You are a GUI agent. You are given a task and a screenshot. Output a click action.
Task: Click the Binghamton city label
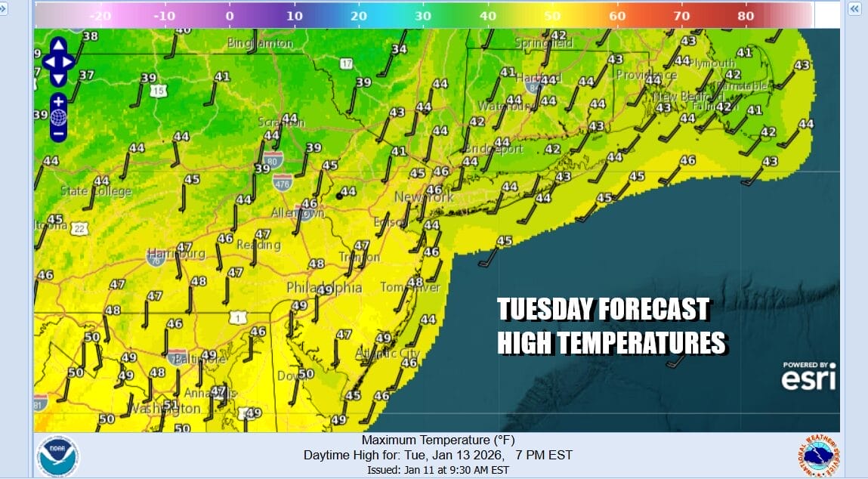(x=260, y=44)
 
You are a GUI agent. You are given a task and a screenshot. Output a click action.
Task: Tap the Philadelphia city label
(x=324, y=288)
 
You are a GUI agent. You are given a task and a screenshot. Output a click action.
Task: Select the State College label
(x=96, y=191)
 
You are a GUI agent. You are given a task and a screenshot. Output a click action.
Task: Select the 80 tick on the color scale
(x=745, y=15)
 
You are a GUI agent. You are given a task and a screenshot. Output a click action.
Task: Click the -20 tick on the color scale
(x=100, y=15)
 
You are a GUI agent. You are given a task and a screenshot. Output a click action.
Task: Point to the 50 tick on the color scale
(x=552, y=15)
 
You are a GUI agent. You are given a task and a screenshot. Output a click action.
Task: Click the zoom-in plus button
(x=58, y=100)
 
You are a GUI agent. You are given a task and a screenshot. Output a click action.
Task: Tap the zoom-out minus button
(x=58, y=133)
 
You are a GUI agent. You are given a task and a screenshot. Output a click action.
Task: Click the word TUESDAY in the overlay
(x=545, y=310)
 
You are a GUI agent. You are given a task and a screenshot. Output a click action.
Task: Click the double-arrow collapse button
(x=854, y=9)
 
